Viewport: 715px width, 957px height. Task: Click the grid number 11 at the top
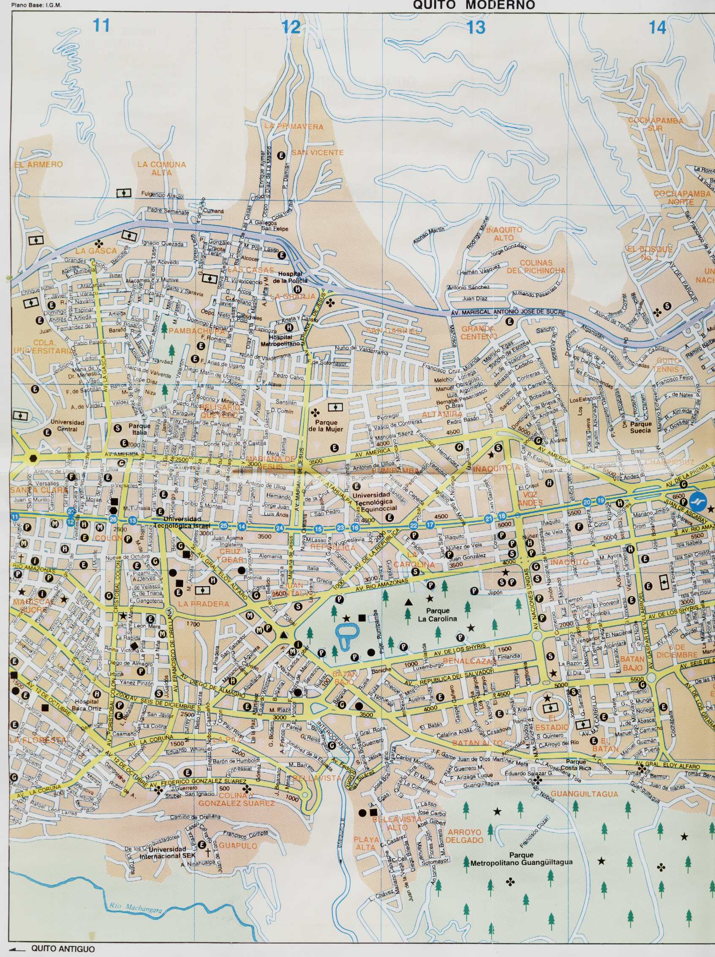(x=101, y=26)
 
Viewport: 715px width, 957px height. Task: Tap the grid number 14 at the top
(x=657, y=28)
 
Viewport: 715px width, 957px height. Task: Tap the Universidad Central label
(x=67, y=426)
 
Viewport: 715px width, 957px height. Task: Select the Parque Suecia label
(x=640, y=428)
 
